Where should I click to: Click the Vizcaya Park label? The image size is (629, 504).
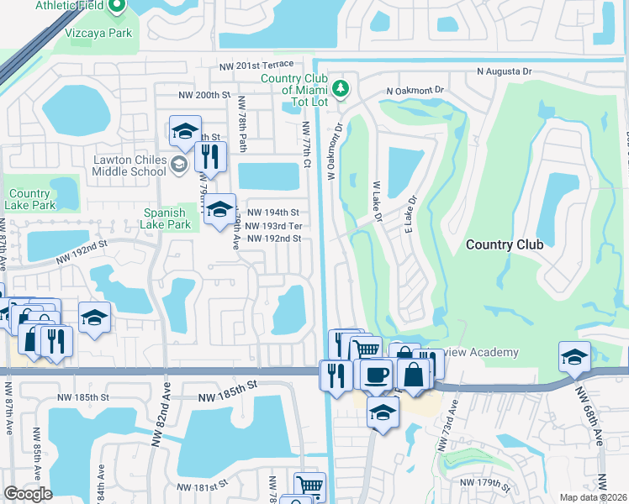click(98, 33)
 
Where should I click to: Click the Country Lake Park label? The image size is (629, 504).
click(29, 199)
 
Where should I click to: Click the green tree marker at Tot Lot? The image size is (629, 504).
click(341, 87)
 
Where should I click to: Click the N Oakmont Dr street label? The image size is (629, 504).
click(415, 90)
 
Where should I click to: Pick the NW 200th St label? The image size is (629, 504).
click(199, 95)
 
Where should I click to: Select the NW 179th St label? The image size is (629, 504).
click(485, 483)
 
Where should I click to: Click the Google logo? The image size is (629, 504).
click(29, 493)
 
